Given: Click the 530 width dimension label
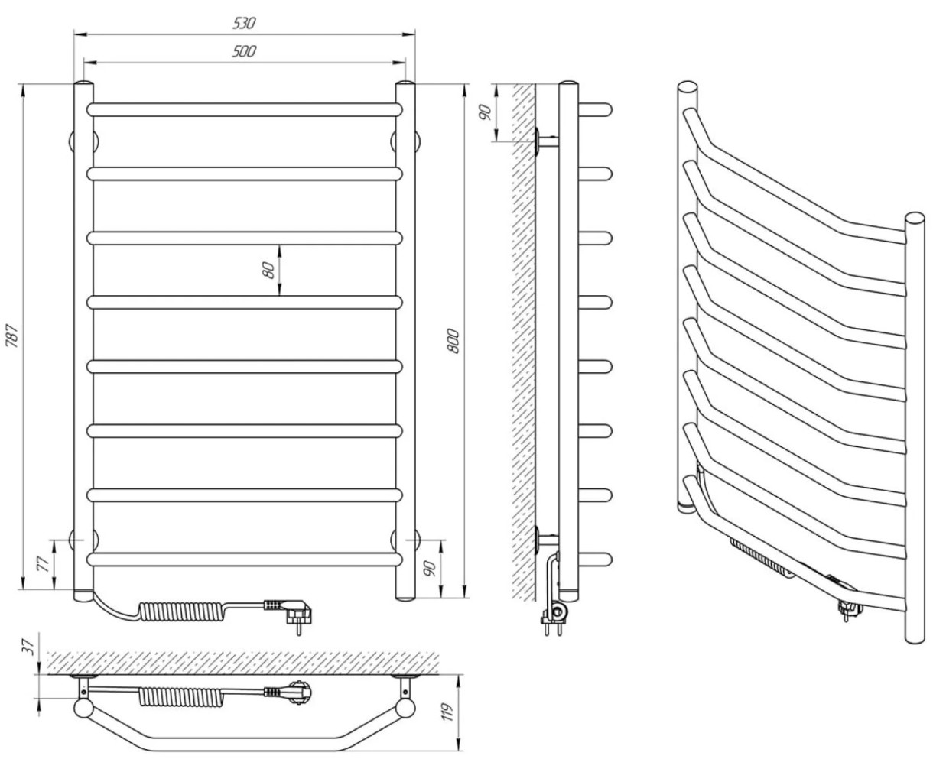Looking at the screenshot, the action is pos(244,23).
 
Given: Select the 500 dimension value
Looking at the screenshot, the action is pos(244,51).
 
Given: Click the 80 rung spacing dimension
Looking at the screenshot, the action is pos(268,271).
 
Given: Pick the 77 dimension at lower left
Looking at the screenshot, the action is pos(42,564).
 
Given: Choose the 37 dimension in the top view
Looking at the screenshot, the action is pos(28,647).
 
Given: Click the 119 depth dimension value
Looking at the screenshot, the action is pos(448,712).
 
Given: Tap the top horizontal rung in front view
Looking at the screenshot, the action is pos(245,109).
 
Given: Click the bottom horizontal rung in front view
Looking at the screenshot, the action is pos(245,560).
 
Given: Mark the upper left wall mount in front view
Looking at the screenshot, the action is pos(83,141).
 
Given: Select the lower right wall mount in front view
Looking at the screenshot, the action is pos(405,540).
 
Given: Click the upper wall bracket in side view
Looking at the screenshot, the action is pos(545,141).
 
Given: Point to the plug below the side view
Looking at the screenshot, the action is pos(555,615).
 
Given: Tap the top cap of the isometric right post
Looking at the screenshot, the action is pos(915,219).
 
